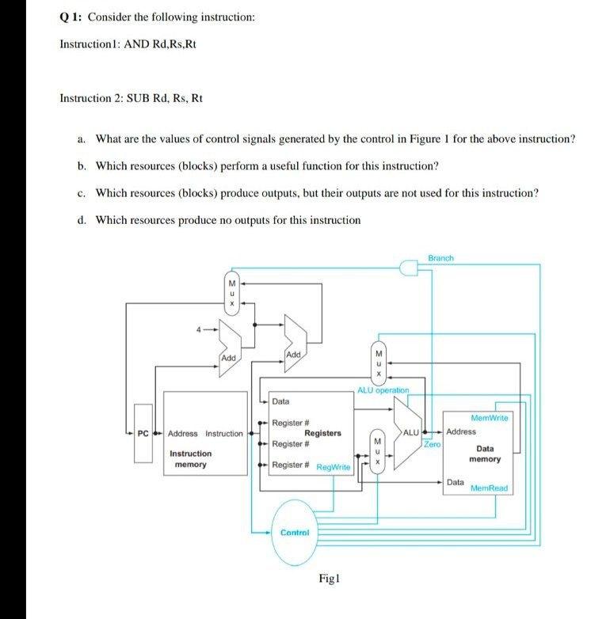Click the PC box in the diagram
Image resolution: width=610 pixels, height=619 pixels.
click(143, 433)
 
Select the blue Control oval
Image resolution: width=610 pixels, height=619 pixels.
click(294, 533)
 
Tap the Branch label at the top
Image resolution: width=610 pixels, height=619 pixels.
click(440, 259)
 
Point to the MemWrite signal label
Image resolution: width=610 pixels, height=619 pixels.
click(490, 417)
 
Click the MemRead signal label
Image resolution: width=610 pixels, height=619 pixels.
click(489, 488)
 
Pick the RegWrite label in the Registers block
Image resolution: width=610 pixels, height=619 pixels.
click(333, 468)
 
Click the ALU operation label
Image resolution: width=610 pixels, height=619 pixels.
click(383, 390)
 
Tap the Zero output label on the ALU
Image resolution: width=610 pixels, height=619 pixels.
click(433, 445)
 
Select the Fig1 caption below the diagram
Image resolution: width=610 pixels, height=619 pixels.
click(329, 579)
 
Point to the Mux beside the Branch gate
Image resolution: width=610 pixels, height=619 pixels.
click(231, 293)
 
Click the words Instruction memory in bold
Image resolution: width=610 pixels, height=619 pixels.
click(190, 459)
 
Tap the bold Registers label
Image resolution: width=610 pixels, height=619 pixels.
click(322, 433)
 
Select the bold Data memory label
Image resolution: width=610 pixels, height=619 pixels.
click(484, 454)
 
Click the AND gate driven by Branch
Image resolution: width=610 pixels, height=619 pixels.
click(409, 270)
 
